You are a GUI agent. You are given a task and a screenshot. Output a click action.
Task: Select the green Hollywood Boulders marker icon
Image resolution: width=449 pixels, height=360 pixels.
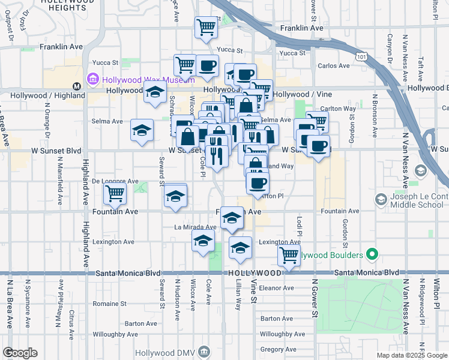(372, 255)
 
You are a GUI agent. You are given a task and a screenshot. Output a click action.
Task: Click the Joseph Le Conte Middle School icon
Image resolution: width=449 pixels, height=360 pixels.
(380, 199)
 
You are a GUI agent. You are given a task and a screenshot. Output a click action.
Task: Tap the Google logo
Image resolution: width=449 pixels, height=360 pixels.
(20, 353)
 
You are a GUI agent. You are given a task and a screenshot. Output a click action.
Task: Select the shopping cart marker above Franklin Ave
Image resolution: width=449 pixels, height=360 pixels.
(206, 26)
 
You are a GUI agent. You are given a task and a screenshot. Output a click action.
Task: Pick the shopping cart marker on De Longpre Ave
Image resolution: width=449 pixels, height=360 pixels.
(115, 193)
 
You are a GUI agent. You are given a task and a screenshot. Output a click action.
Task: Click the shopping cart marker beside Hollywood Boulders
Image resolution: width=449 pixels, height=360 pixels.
(289, 255)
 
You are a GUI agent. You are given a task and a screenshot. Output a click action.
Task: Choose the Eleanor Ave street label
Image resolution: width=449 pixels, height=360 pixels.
(276, 288)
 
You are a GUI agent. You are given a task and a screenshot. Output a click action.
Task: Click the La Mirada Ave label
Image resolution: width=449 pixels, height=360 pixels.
(194, 227)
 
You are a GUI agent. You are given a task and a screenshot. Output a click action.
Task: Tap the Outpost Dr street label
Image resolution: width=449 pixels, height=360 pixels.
(10, 30)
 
